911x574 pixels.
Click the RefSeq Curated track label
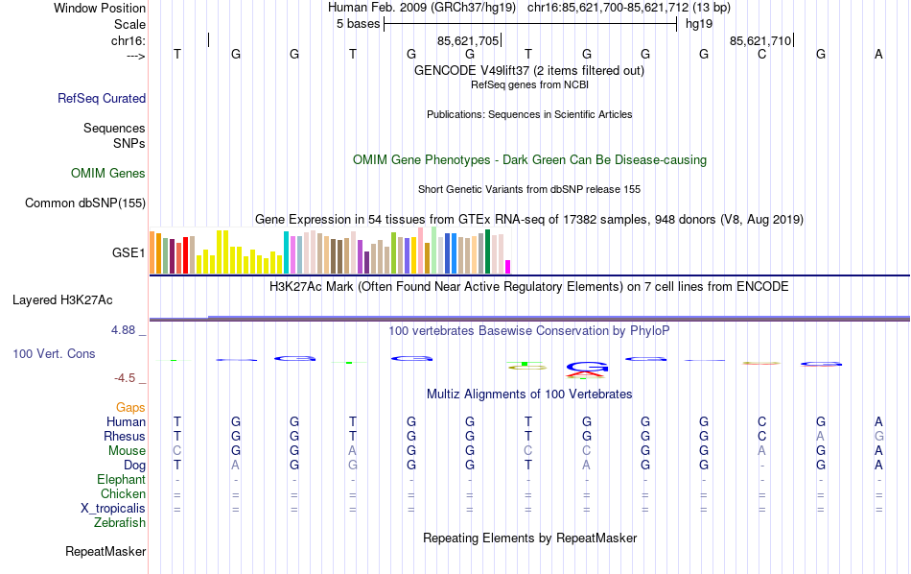(102, 98)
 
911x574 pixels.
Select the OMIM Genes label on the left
(108, 174)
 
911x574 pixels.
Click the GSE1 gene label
(128, 253)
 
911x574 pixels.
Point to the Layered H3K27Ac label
(62, 299)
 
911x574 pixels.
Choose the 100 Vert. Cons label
(54, 354)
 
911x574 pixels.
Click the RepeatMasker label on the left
(105, 552)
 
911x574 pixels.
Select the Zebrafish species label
(120, 523)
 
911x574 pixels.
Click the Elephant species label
(122, 480)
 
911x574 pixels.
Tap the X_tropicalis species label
(113, 509)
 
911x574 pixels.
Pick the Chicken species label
(124, 494)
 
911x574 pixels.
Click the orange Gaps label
(130, 408)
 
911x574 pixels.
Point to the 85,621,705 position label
(468, 41)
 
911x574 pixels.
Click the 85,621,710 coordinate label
(760, 41)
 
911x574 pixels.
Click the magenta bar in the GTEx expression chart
(508, 267)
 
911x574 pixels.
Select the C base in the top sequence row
(762, 55)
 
